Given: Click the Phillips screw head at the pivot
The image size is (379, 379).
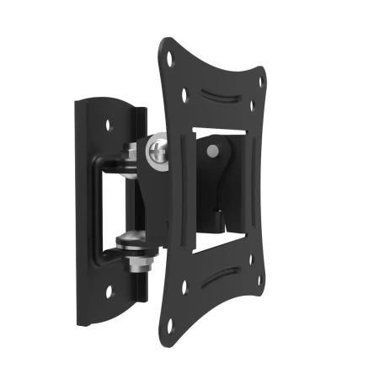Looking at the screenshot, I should pyautogui.click(x=158, y=152).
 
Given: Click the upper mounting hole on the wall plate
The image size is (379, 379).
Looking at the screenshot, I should pyautogui.click(x=108, y=124).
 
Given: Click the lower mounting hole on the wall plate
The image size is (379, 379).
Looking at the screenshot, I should pyautogui.click(x=108, y=292).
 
